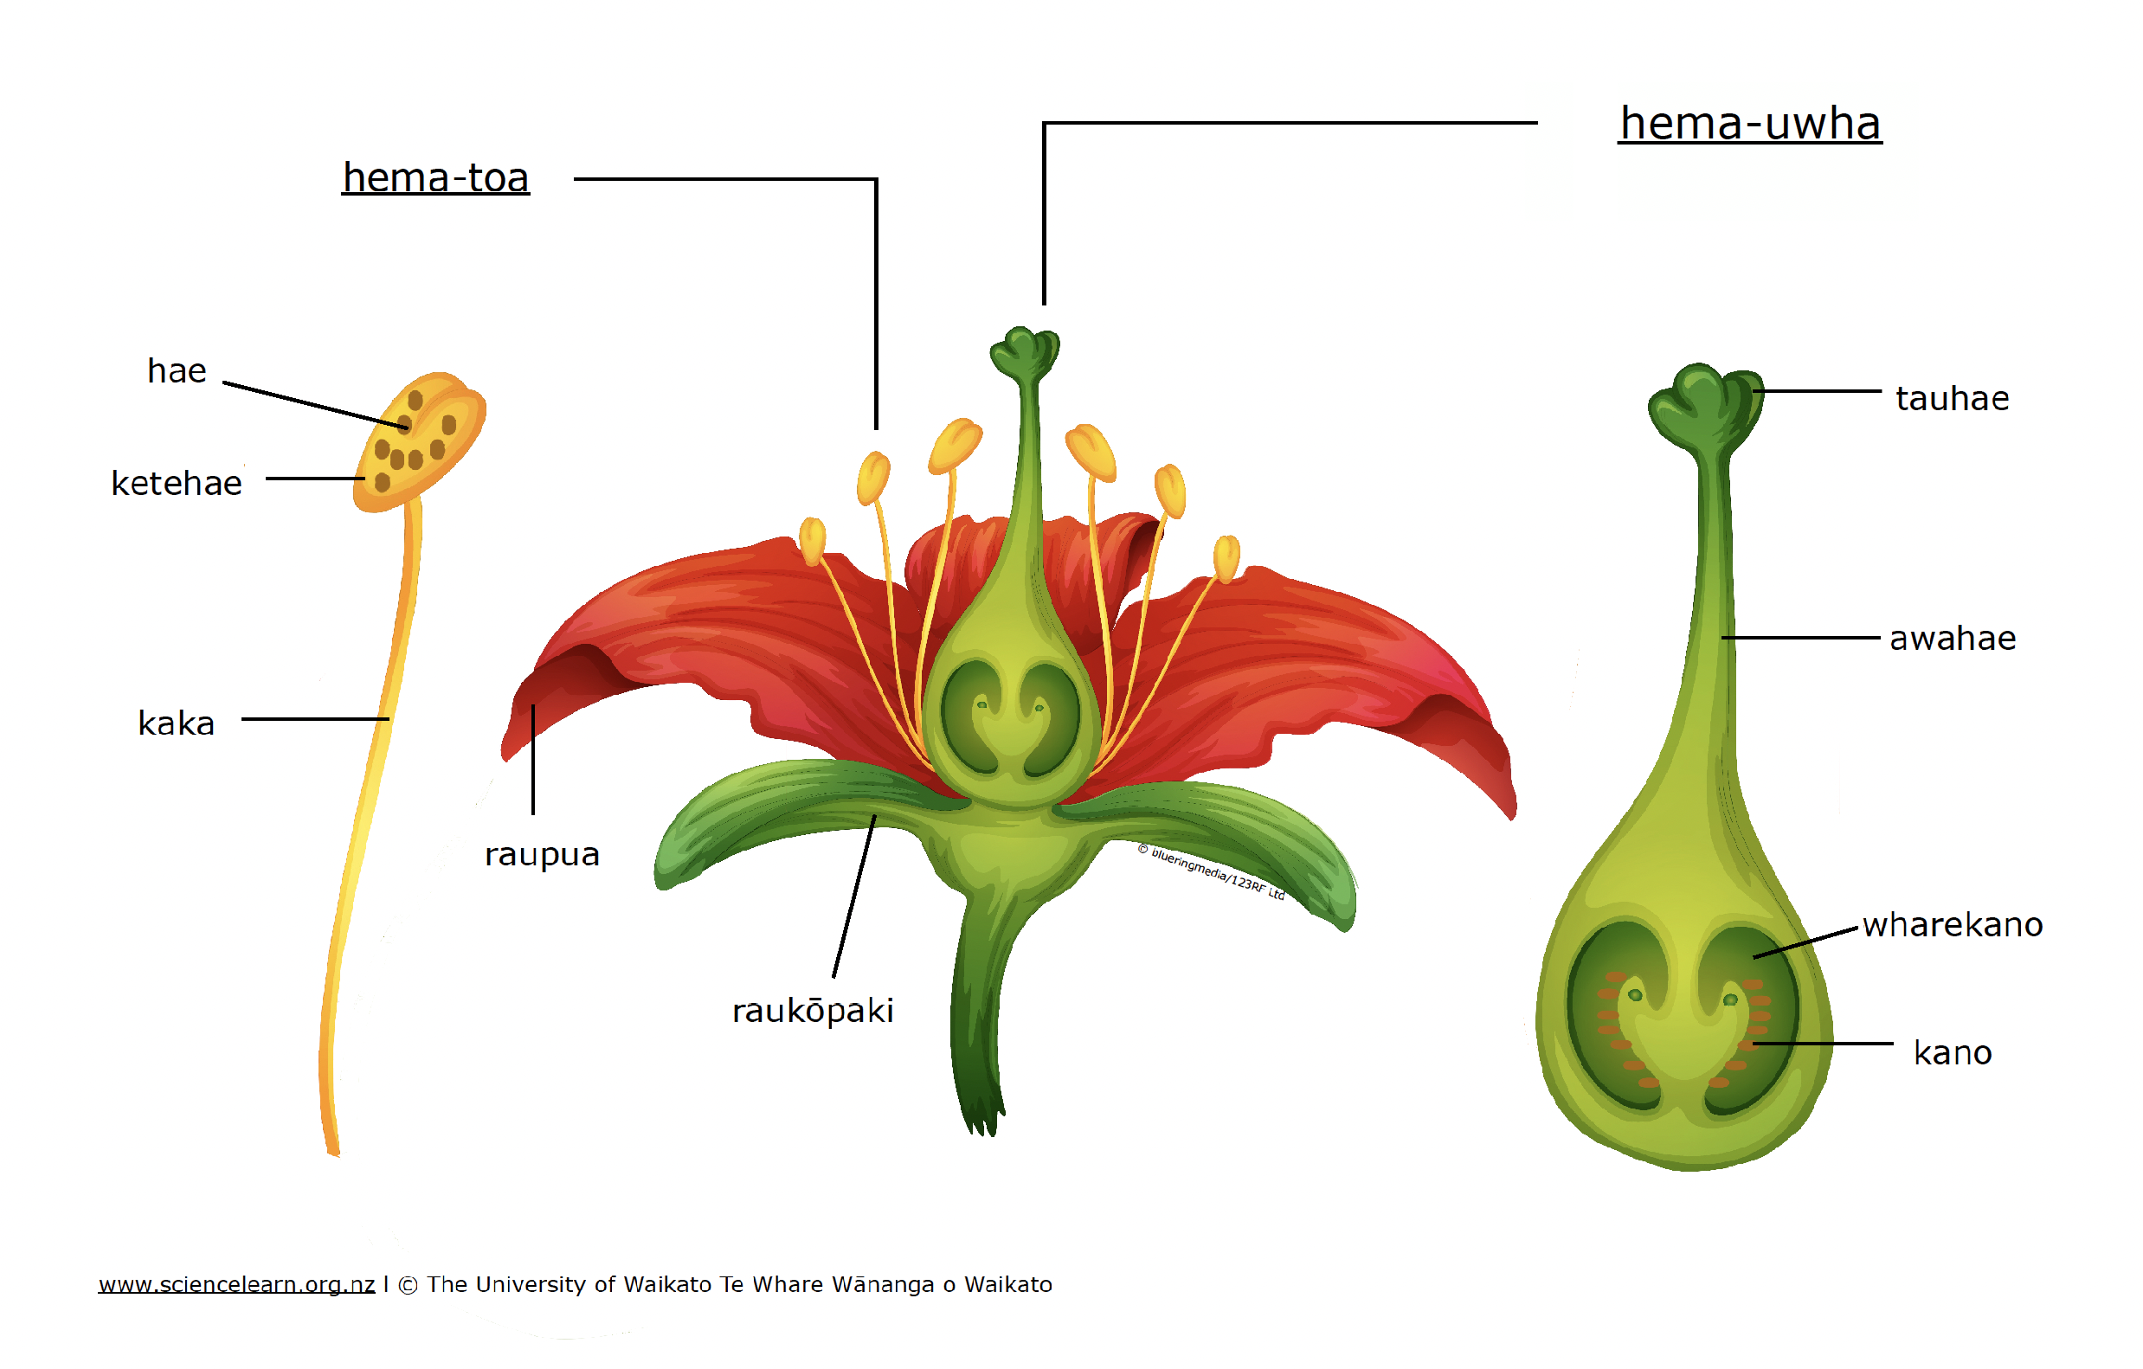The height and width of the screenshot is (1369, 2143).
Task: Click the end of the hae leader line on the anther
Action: (x=409, y=427)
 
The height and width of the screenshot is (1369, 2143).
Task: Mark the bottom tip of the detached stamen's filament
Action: (x=335, y=1155)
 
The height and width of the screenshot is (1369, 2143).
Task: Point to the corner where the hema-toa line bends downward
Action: (x=877, y=179)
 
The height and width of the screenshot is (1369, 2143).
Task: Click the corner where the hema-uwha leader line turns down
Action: (x=1044, y=123)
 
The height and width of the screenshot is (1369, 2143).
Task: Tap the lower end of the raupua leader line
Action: (x=533, y=814)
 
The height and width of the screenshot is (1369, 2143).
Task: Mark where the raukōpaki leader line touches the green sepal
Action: (x=874, y=817)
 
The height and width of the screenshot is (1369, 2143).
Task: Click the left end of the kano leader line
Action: (x=1754, y=1044)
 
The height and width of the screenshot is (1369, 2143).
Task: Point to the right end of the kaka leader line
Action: (x=389, y=719)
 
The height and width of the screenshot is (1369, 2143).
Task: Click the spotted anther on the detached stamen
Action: (x=419, y=442)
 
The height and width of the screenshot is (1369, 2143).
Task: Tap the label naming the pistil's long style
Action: (x=1953, y=638)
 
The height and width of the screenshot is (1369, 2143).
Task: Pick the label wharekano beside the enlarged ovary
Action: (x=1953, y=924)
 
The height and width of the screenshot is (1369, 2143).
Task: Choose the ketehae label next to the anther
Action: (x=177, y=483)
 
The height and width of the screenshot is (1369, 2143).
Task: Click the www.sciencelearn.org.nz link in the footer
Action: (x=237, y=1284)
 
